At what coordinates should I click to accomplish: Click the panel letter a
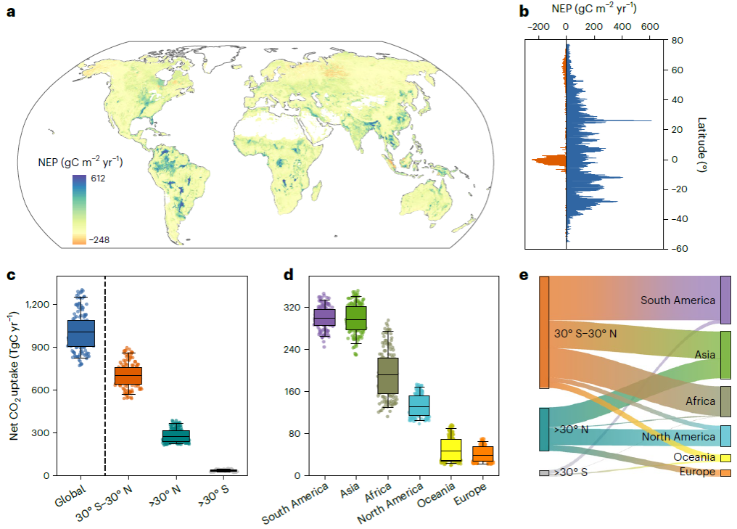coord(11,12)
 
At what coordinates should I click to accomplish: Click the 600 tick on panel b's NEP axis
coord(649,26)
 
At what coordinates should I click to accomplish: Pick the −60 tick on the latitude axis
coord(675,249)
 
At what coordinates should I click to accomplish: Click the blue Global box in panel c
coord(81,333)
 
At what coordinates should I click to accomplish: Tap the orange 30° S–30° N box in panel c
coord(128,375)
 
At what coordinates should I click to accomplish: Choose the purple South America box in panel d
coord(324,317)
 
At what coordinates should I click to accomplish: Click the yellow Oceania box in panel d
coord(451,451)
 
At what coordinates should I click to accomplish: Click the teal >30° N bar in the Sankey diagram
coord(544,430)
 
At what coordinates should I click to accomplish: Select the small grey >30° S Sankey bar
coord(544,472)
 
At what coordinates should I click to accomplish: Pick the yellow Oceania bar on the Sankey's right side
coord(725,458)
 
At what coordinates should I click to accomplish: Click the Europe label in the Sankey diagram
coord(694,472)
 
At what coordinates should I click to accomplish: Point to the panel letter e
coord(524,276)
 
